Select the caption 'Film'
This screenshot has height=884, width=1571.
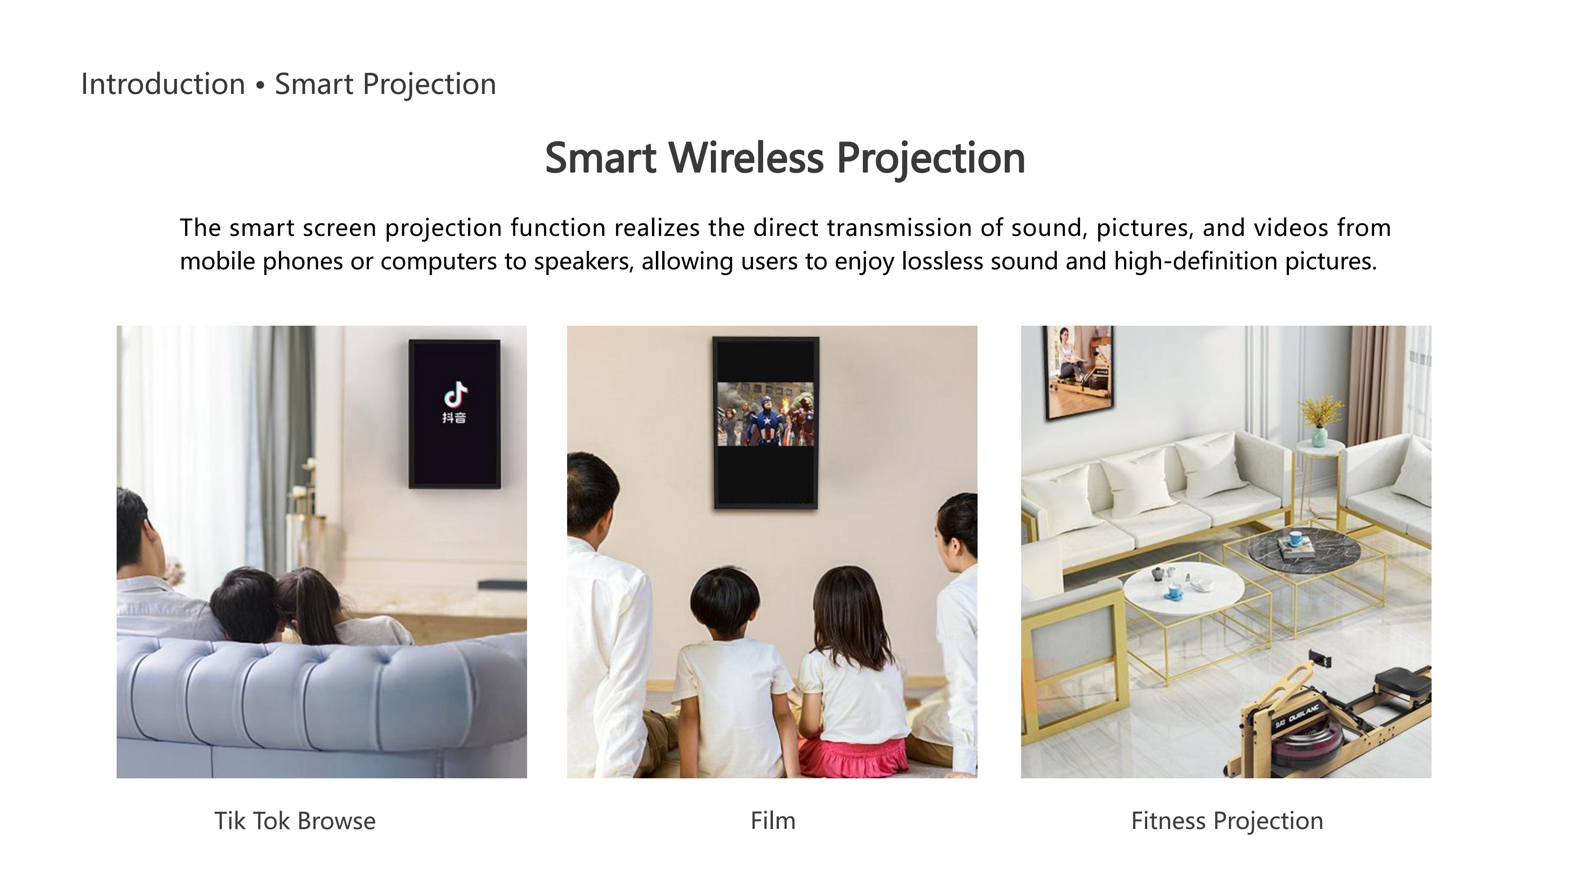point(773,821)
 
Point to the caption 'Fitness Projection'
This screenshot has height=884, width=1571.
point(1227,821)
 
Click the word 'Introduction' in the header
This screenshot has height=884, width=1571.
point(163,84)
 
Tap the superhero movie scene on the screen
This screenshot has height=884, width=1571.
point(765,414)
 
